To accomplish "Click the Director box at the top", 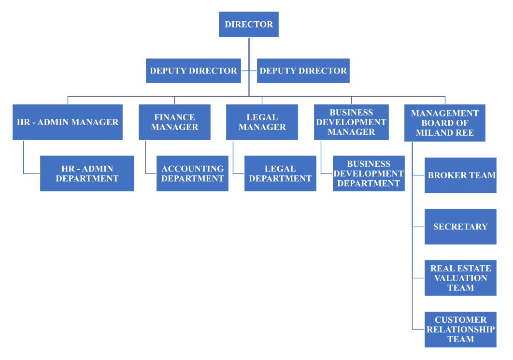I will click(249, 25).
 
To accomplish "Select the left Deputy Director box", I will click(193, 71).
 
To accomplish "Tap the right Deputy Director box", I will click(303, 71).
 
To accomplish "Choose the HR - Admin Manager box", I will click(68, 122).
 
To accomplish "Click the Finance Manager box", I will click(174, 122).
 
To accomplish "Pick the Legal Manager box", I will click(262, 122).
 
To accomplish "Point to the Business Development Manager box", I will click(351, 122).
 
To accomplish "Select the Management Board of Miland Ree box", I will click(444, 123).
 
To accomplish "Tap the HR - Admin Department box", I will click(87, 173).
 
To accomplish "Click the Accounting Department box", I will click(192, 173).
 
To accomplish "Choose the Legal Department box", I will click(280, 173).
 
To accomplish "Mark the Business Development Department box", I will click(369, 173).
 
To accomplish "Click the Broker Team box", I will click(460, 175).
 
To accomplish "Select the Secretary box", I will click(460, 227).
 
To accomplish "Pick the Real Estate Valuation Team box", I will click(460, 278).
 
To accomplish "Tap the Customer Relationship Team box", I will click(460, 330).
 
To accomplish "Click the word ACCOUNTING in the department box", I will click(193, 169).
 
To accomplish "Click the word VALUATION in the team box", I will click(460, 278).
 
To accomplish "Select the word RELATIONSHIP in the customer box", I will click(460, 330).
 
